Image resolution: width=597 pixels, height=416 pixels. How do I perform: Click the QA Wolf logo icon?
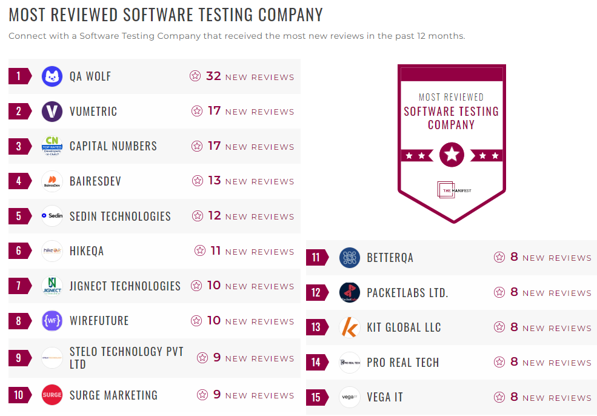coord(52,76)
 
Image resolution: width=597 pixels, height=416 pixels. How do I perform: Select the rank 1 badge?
coord(19,76)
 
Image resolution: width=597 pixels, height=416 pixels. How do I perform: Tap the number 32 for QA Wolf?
coord(213,76)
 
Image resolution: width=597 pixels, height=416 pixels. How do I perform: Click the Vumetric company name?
coord(93,112)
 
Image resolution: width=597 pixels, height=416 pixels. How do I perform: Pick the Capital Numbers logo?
coord(52,146)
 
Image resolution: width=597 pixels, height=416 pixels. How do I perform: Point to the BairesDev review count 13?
coord(215,181)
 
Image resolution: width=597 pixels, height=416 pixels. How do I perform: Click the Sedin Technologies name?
coord(120,216)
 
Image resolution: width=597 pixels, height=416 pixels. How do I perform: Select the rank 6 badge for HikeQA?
coord(19,251)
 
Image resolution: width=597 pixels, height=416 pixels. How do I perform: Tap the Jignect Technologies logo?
coord(52,286)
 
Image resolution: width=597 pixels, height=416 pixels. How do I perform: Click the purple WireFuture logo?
coord(52,321)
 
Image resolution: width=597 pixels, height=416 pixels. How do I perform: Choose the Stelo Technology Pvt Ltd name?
coord(126,358)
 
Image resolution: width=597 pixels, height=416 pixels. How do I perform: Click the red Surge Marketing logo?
coord(52,395)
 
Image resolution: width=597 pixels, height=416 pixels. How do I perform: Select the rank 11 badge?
coord(316,258)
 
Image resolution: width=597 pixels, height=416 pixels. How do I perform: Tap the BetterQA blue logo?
coord(350,258)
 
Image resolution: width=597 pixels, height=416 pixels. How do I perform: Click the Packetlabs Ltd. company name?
coord(407,293)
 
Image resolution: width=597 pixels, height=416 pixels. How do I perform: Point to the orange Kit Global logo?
coord(350,327)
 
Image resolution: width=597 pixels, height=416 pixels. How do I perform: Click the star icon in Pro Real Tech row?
coord(499,362)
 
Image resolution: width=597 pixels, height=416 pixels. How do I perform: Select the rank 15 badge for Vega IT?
coord(316,398)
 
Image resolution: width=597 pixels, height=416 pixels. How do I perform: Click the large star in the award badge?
coord(452,155)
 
